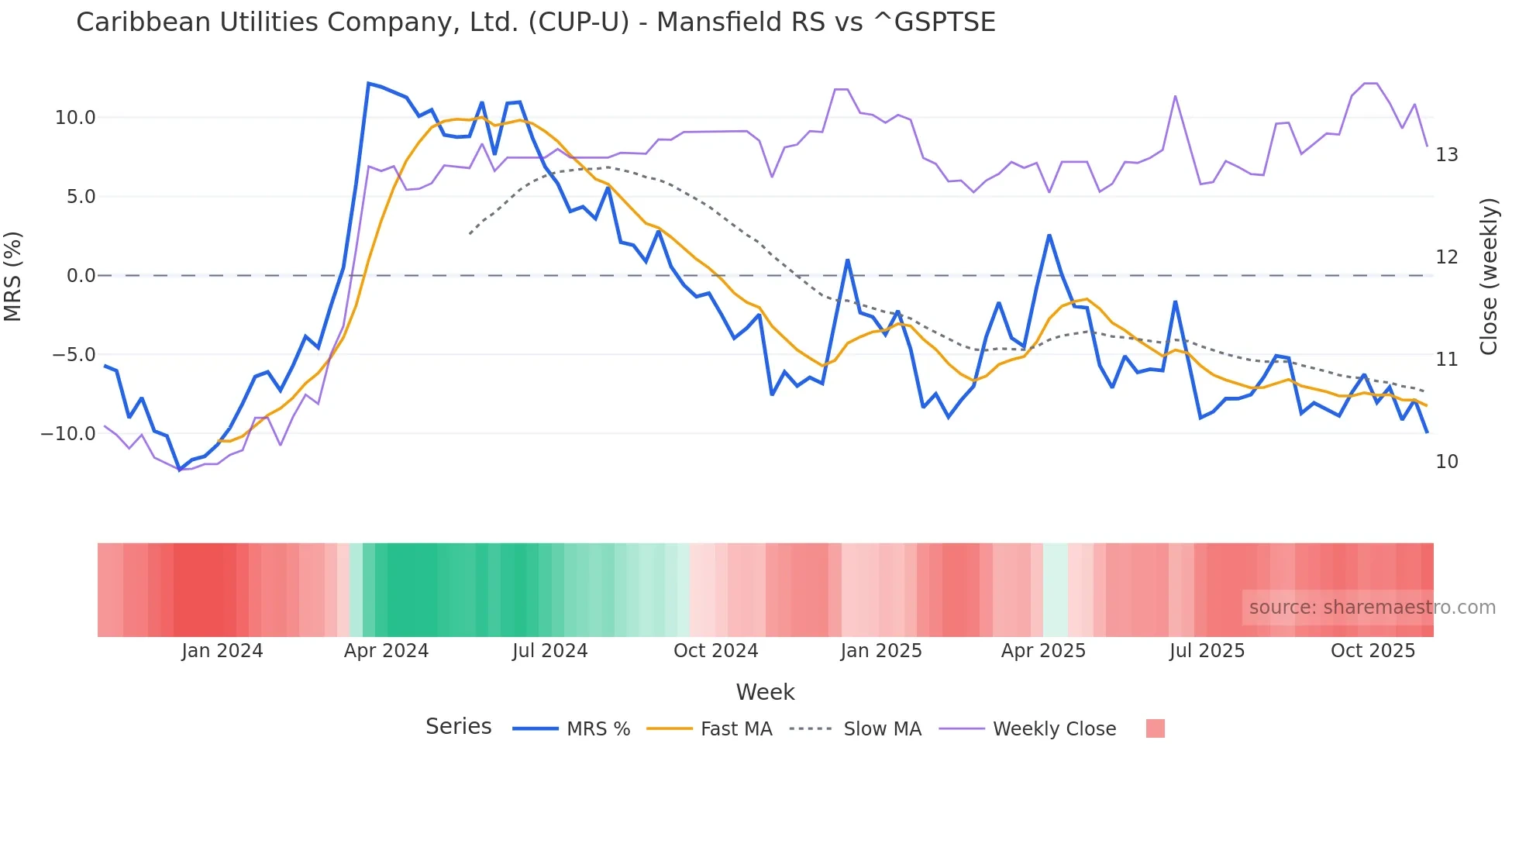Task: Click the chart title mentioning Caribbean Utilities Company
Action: (x=535, y=22)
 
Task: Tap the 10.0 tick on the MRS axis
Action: (x=75, y=118)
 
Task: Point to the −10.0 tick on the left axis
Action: (x=68, y=434)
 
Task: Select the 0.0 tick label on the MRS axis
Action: (x=81, y=276)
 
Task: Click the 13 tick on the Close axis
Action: (x=1446, y=155)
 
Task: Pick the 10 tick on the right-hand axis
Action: (x=1446, y=462)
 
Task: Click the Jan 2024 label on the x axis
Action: (x=222, y=651)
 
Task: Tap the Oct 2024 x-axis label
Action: (x=715, y=651)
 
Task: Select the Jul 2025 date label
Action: (x=1207, y=651)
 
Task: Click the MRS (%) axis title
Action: (x=13, y=276)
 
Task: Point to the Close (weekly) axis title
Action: (x=1488, y=276)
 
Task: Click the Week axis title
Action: (x=765, y=692)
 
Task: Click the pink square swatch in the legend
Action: (x=1155, y=728)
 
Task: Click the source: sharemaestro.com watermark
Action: (x=1372, y=608)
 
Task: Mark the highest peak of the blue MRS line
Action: (x=368, y=83)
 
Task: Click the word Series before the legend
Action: (x=458, y=727)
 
